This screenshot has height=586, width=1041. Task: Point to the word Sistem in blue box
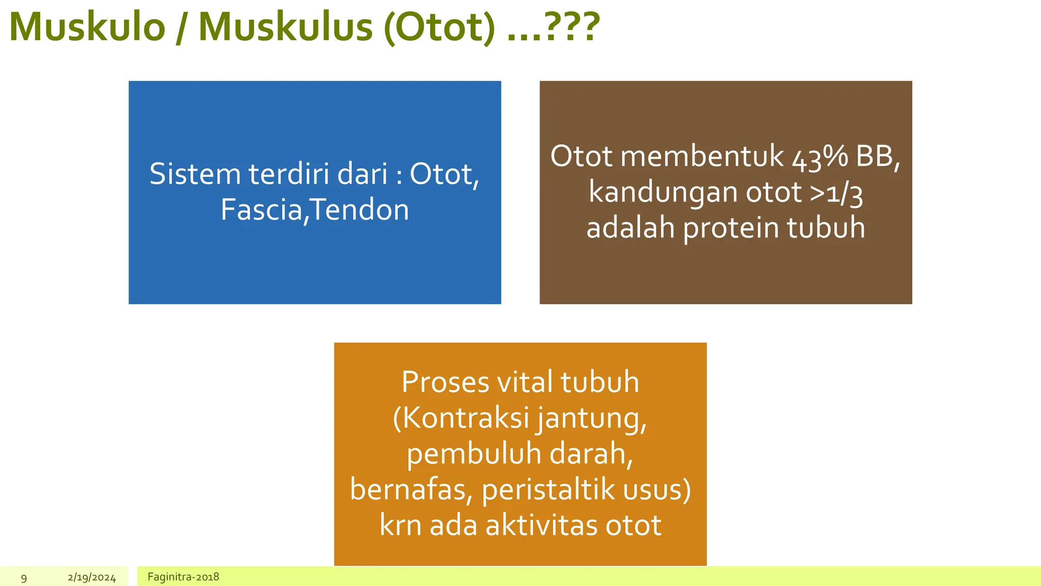pyautogui.click(x=195, y=174)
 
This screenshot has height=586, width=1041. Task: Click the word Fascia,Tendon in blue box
pyautogui.click(x=315, y=210)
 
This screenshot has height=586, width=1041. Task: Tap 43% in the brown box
pyautogui.click(x=820, y=157)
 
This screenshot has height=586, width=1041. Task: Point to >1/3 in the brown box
pyautogui.click(x=836, y=193)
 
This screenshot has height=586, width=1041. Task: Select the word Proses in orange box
pyautogui.click(x=445, y=382)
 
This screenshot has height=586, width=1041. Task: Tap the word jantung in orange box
pyautogui.click(x=591, y=419)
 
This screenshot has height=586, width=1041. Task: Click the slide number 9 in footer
pyautogui.click(x=24, y=578)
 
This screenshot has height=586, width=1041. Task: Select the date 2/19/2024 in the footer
pyautogui.click(x=91, y=578)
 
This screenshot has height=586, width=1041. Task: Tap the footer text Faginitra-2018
pyautogui.click(x=183, y=577)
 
